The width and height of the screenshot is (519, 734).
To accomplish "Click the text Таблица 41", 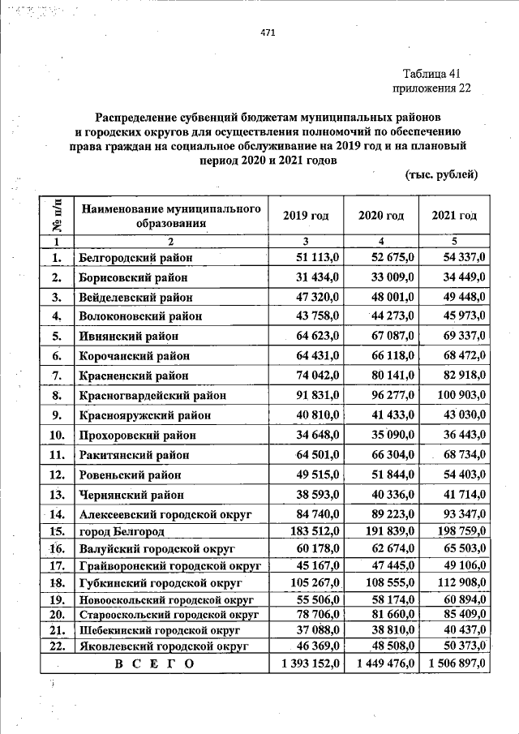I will coord(431,75).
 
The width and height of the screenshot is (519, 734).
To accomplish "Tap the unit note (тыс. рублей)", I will coord(441,175).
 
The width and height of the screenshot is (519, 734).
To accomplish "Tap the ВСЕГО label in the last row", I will coord(155,663).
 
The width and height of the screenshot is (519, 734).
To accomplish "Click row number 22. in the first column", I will coord(57,646).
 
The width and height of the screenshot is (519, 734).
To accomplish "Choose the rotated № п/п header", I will coord(58,215).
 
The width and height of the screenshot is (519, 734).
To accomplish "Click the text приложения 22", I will coord(431,88).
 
